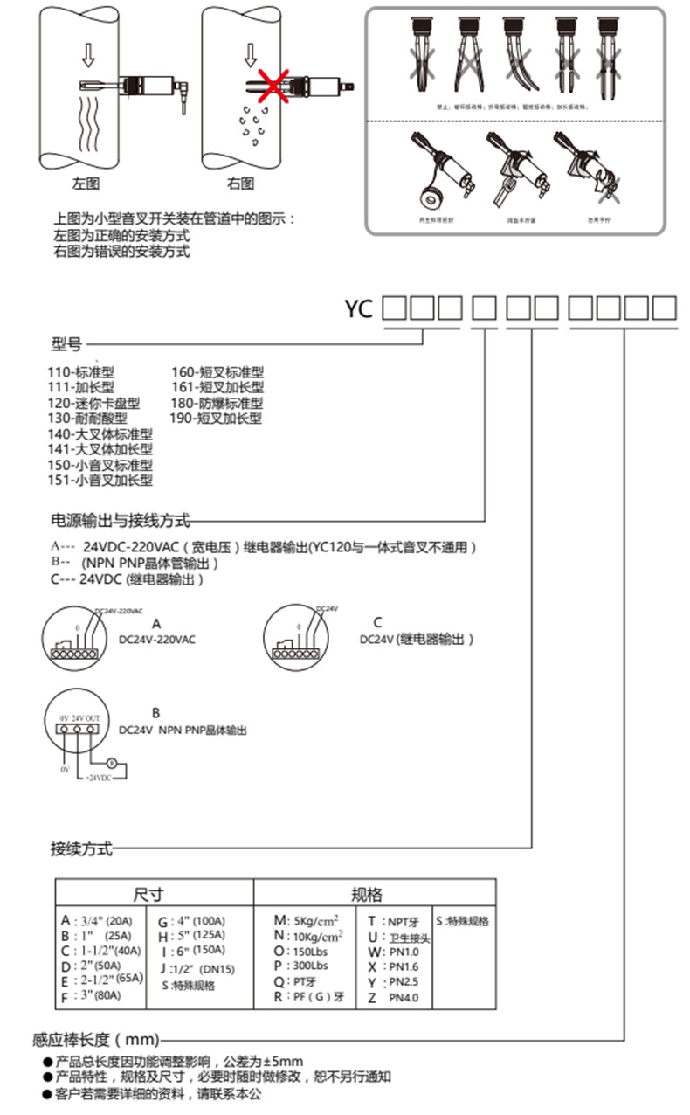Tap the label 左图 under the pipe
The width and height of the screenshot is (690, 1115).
pyautogui.click(x=86, y=184)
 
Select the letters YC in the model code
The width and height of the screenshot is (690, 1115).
pyautogui.click(x=358, y=308)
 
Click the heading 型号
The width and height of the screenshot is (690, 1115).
pyautogui.click(x=66, y=344)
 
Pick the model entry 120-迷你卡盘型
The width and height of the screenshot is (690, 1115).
pyautogui.click(x=93, y=403)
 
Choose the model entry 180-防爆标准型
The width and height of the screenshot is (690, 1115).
pyautogui.click(x=217, y=403)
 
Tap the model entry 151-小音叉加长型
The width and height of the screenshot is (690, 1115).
pyautogui.click(x=100, y=480)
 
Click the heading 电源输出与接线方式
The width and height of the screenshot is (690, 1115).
pyautogui.click(x=121, y=521)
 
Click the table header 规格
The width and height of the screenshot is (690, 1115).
pyautogui.click(x=367, y=894)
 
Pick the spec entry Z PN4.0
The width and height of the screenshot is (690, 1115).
pyautogui.click(x=393, y=997)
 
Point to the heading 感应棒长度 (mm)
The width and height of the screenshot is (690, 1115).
pyautogui.click(x=96, y=1040)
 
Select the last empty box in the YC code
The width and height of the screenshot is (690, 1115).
pyautogui.click(x=665, y=308)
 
